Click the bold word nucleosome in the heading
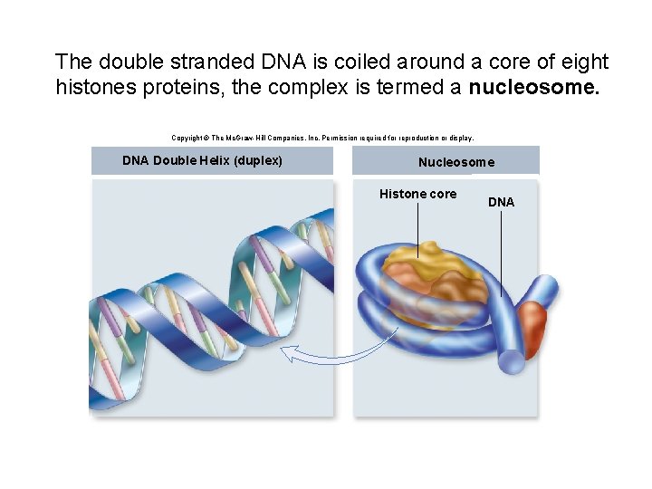533,89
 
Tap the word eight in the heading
581,62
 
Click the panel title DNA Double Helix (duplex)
202,161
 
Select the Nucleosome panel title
456,163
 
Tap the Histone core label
417,194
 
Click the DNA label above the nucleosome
501,202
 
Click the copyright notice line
322,138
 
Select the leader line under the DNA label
501,254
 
